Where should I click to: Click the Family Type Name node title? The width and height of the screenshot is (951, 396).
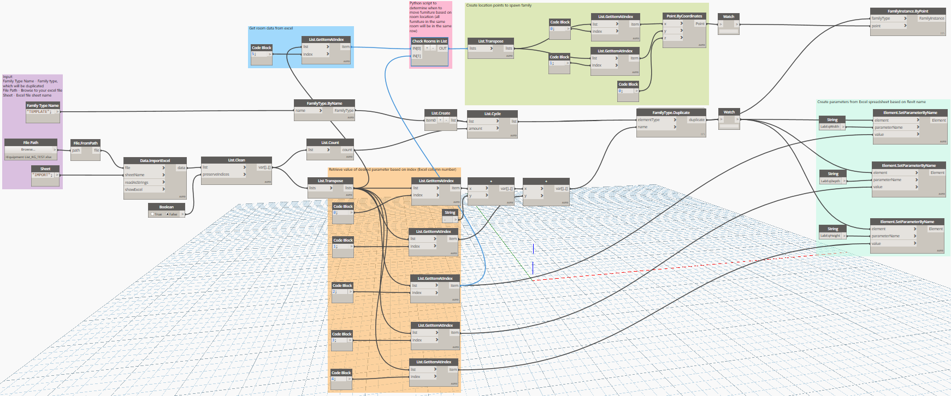pyautogui.click(x=43, y=105)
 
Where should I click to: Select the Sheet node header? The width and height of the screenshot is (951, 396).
pyautogui.click(x=45, y=169)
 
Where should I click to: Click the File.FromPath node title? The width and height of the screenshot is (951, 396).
pyautogui.click(x=85, y=143)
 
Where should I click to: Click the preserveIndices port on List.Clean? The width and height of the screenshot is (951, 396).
pyautogui.click(x=216, y=175)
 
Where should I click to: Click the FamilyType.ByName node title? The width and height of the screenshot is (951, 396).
pyautogui.click(x=324, y=103)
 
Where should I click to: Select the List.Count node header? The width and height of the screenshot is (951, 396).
pyautogui.click(x=330, y=142)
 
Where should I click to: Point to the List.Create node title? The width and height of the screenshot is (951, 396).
pyautogui.click(x=440, y=113)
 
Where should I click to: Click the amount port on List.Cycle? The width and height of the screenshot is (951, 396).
pyautogui.click(x=476, y=129)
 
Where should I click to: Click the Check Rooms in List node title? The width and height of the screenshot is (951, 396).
pyautogui.click(x=429, y=41)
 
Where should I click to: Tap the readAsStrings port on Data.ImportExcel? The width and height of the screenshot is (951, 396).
pyautogui.click(x=137, y=182)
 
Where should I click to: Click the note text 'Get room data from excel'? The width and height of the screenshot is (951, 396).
pyautogui.click(x=271, y=28)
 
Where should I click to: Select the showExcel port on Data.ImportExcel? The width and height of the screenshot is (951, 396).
pyautogui.click(x=134, y=189)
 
